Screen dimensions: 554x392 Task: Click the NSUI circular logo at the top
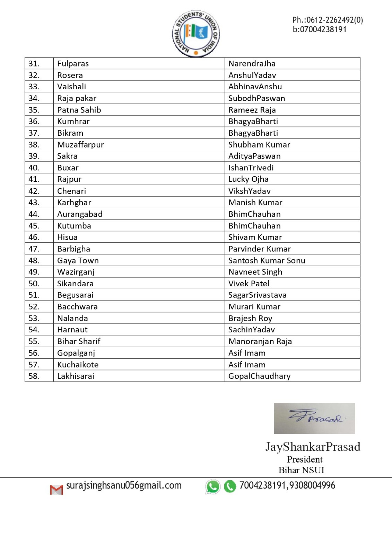196,34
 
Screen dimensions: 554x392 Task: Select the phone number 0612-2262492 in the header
328,20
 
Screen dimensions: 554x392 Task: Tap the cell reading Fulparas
73,64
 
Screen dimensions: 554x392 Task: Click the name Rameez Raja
252,110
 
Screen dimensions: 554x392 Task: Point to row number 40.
34,168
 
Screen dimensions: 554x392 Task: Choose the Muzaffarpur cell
80,145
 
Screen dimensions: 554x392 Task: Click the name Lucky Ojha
248,179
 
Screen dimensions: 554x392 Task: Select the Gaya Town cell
78,261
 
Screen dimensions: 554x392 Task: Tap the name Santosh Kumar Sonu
267,261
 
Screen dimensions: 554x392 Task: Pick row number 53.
34,319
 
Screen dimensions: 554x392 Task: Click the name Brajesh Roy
250,319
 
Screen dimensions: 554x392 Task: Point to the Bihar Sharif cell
79,341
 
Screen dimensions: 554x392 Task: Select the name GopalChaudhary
259,376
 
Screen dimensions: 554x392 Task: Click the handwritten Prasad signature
314,418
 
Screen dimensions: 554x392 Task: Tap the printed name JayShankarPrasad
313,447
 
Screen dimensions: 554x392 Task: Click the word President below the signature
305,459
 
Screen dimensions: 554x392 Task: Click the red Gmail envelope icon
56,490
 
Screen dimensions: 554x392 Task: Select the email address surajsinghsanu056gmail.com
124,485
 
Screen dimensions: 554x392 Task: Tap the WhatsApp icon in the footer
213,486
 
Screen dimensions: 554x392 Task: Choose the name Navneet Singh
255,272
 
